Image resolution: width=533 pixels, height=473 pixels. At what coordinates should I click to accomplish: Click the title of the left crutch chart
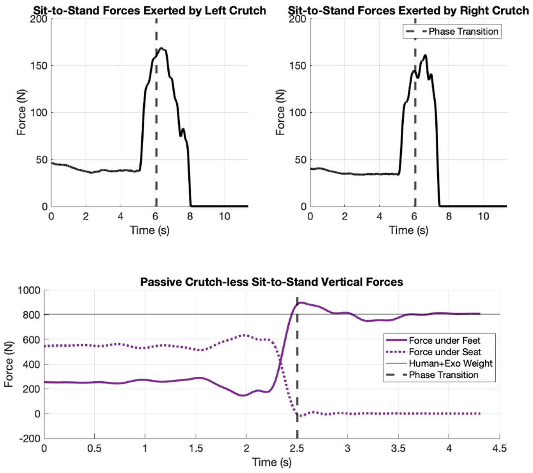(x=149, y=11)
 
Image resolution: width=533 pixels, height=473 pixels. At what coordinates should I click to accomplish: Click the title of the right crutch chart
(x=408, y=11)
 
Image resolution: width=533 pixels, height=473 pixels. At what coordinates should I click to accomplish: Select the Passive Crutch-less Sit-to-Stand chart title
(x=272, y=282)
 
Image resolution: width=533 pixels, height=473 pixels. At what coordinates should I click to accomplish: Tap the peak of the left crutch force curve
(x=161, y=48)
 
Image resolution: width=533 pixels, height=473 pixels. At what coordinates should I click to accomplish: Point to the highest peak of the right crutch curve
(x=425, y=55)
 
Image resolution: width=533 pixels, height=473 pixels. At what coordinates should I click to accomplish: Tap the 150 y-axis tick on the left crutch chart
(x=39, y=66)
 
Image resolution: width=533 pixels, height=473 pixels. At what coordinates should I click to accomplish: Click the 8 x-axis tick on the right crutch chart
(x=449, y=217)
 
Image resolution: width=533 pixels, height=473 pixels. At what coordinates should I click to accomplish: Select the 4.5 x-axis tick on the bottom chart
(x=499, y=449)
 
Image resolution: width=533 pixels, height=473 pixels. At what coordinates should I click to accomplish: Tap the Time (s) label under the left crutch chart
(x=149, y=230)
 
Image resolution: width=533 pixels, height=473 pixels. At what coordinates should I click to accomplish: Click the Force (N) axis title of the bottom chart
(x=9, y=364)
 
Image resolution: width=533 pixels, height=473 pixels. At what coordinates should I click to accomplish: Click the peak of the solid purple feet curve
(x=301, y=302)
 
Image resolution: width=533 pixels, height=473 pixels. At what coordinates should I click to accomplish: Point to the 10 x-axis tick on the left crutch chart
(x=225, y=217)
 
